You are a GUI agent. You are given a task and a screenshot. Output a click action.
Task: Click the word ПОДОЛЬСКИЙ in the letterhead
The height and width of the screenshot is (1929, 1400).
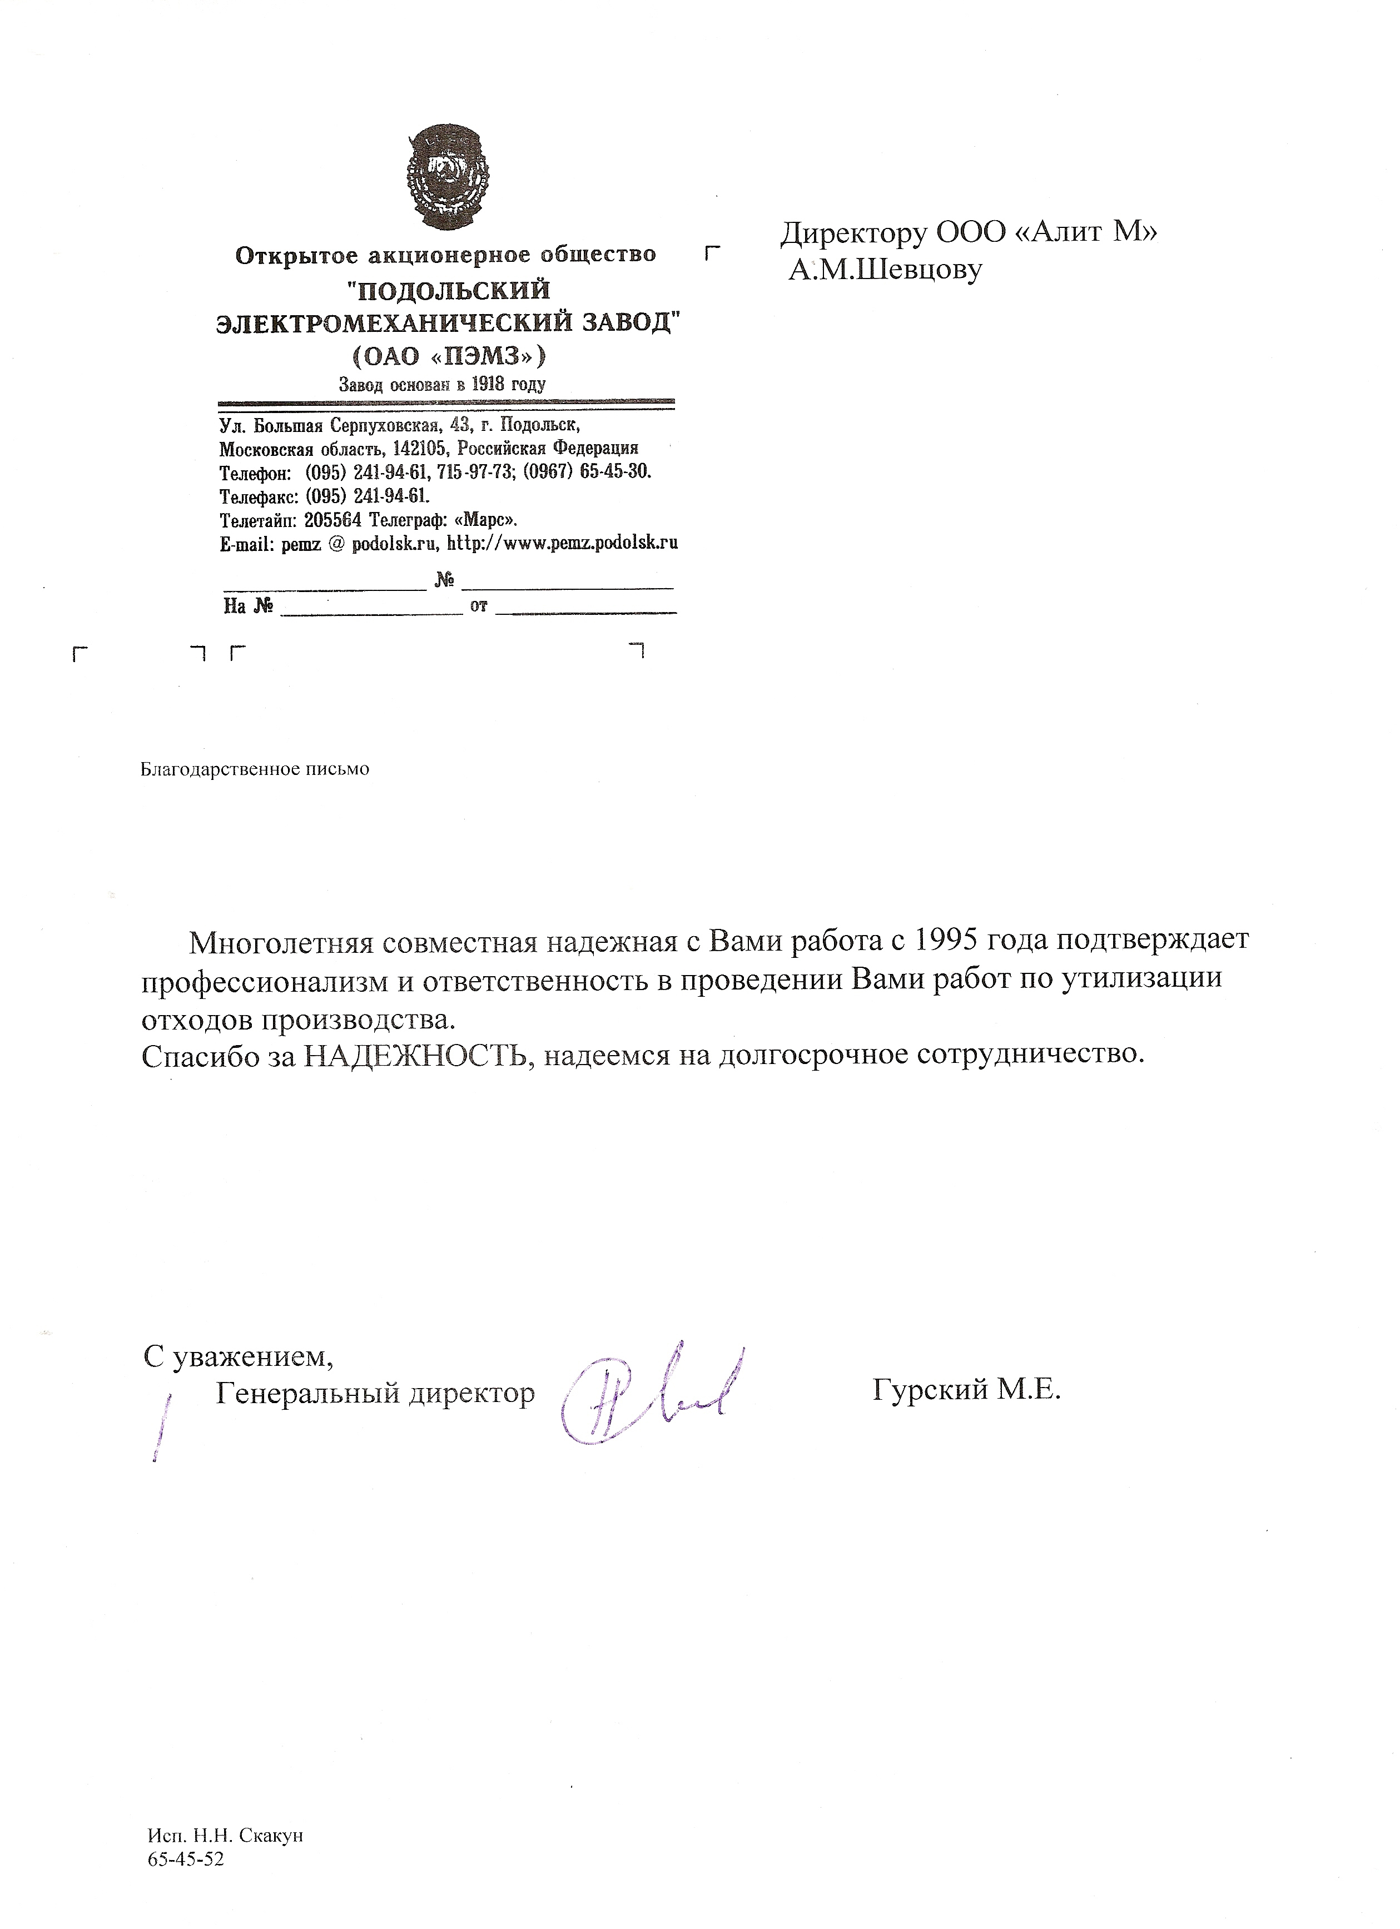pos(451,291)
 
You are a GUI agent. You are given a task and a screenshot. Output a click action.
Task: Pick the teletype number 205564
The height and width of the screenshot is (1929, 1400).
pos(332,520)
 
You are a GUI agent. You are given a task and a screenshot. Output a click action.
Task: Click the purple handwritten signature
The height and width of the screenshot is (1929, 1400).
pos(647,1395)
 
